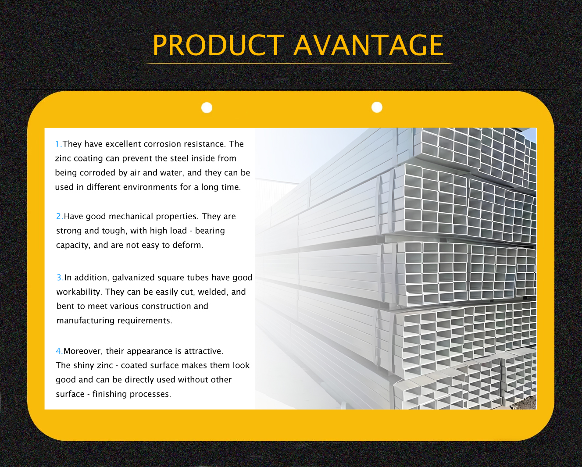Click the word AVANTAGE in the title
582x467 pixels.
coord(368,45)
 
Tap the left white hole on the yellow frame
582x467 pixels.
coord(207,107)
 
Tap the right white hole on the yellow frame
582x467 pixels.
coord(377,107)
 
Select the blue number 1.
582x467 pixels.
coord(58,144)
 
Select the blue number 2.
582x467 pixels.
coord(59,216)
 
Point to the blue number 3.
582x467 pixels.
coord(60,278)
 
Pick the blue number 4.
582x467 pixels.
coord(59,351)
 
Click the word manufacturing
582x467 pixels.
coord(86,321)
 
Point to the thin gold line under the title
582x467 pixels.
coord(299,64)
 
